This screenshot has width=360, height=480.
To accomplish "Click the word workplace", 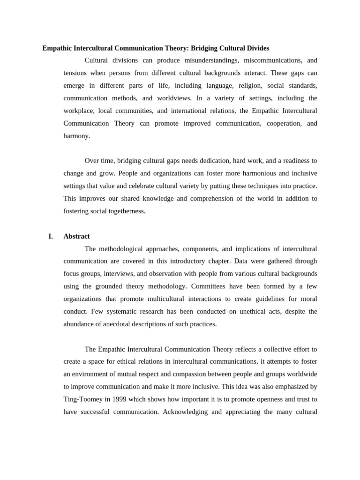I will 78,111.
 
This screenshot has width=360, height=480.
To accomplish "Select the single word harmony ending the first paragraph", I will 76,136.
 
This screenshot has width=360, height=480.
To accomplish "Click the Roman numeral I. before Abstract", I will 51,236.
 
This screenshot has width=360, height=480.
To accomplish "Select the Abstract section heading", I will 76,236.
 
